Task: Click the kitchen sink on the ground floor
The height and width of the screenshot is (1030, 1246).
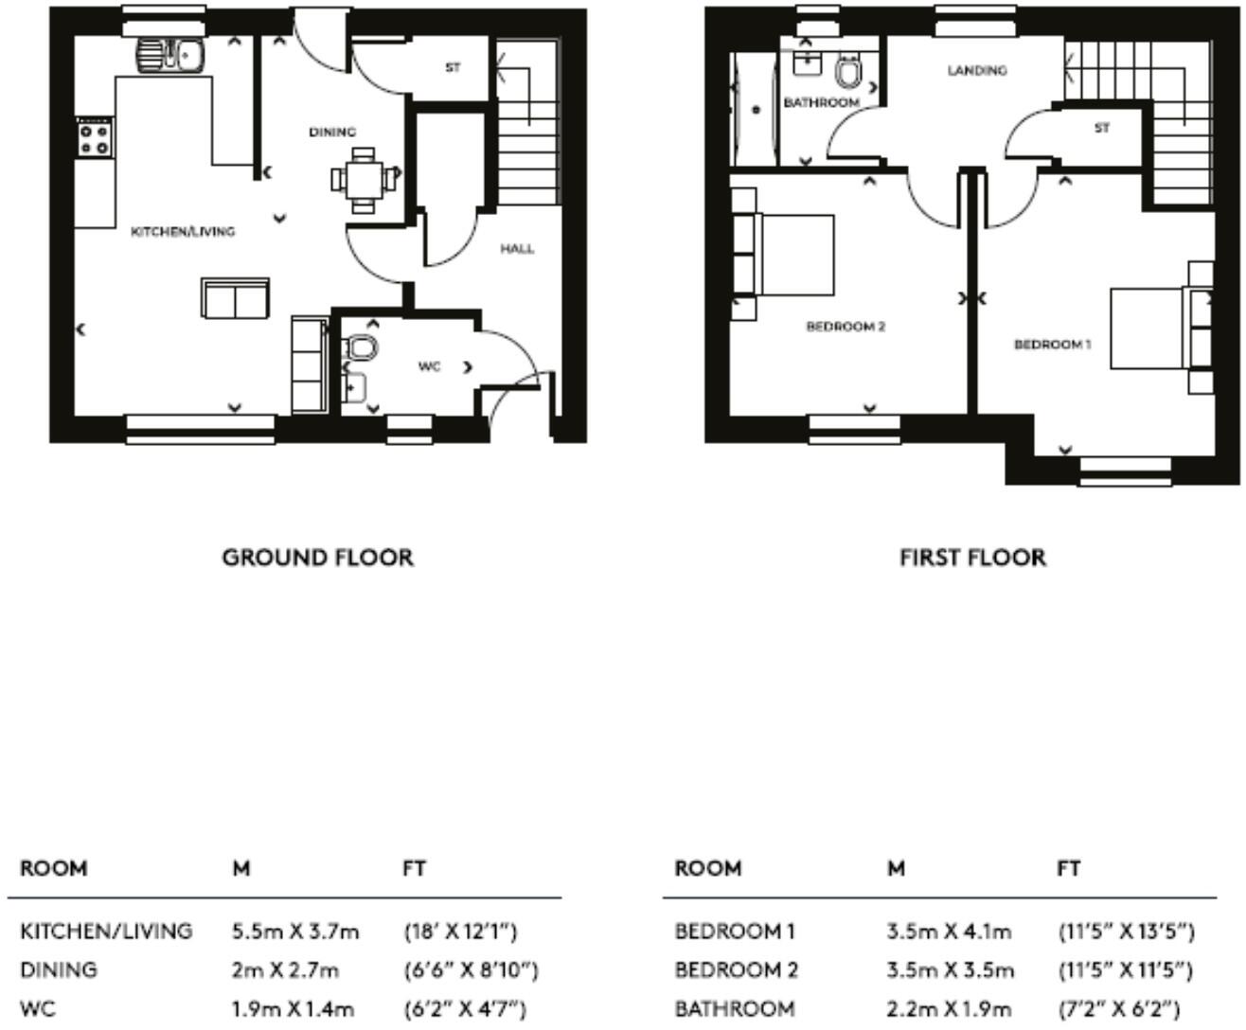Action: [170, 55]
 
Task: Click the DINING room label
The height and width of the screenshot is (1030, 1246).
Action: [332, 132]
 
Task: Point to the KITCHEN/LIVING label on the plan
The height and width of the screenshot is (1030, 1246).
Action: [183, 231]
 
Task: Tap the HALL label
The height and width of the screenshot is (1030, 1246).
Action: [517, 249]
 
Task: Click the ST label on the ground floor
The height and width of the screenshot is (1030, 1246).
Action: [453, 68]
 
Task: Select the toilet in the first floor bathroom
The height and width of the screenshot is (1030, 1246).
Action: [848, 70]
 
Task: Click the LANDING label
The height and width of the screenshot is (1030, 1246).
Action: [977, 70]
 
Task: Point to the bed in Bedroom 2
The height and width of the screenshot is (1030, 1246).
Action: [784, 254]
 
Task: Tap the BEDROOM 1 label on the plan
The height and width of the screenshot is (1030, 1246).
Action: [1052, 345]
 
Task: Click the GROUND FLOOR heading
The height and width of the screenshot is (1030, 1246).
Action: [317, 558]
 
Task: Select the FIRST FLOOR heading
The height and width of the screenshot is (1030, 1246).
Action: [972, 558]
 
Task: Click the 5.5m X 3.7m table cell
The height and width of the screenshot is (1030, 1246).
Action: [295, 932]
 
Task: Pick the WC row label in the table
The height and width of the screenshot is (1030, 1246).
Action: [38, 1009]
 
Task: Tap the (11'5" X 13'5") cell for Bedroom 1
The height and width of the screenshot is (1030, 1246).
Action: [1126, 932]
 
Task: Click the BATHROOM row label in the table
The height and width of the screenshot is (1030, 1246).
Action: [734, 1009]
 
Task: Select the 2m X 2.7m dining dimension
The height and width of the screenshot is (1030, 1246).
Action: [285, 970]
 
